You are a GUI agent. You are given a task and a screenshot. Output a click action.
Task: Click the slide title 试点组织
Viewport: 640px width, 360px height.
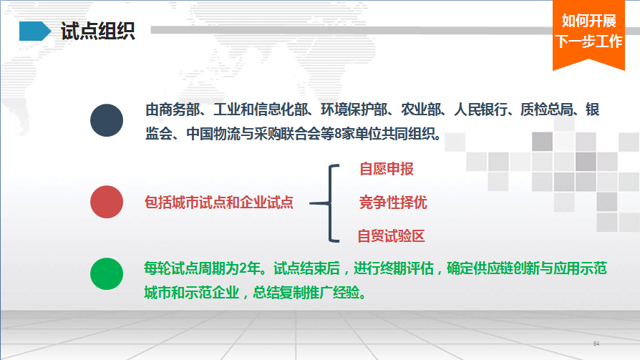tap(97, 31)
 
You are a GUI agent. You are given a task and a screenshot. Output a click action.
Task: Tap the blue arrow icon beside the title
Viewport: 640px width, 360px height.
tap(35, 31)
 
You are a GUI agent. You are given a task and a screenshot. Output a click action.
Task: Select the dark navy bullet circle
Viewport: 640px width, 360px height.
tap(107, 120)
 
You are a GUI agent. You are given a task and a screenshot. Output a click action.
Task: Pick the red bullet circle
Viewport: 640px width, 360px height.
tap(107, 202)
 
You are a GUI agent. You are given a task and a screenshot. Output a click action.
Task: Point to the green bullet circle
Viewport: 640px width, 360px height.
tap(107, 274)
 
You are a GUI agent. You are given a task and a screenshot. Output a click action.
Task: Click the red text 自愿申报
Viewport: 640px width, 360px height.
tap(387, 169)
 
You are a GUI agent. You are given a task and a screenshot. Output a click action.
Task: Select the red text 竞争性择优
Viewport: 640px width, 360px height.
tap(393, 202)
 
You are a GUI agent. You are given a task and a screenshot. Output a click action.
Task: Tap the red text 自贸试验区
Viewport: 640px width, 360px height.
tap(391, 236)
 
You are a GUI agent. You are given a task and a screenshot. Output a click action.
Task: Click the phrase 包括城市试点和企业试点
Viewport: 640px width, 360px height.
tap(219, 202)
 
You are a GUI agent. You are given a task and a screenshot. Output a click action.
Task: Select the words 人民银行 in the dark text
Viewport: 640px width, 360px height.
tap(481, 110)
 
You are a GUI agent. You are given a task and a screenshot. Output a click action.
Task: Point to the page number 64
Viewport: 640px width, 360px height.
tap(596, 344)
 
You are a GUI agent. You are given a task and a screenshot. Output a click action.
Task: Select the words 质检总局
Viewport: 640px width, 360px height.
tap(547, 110)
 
